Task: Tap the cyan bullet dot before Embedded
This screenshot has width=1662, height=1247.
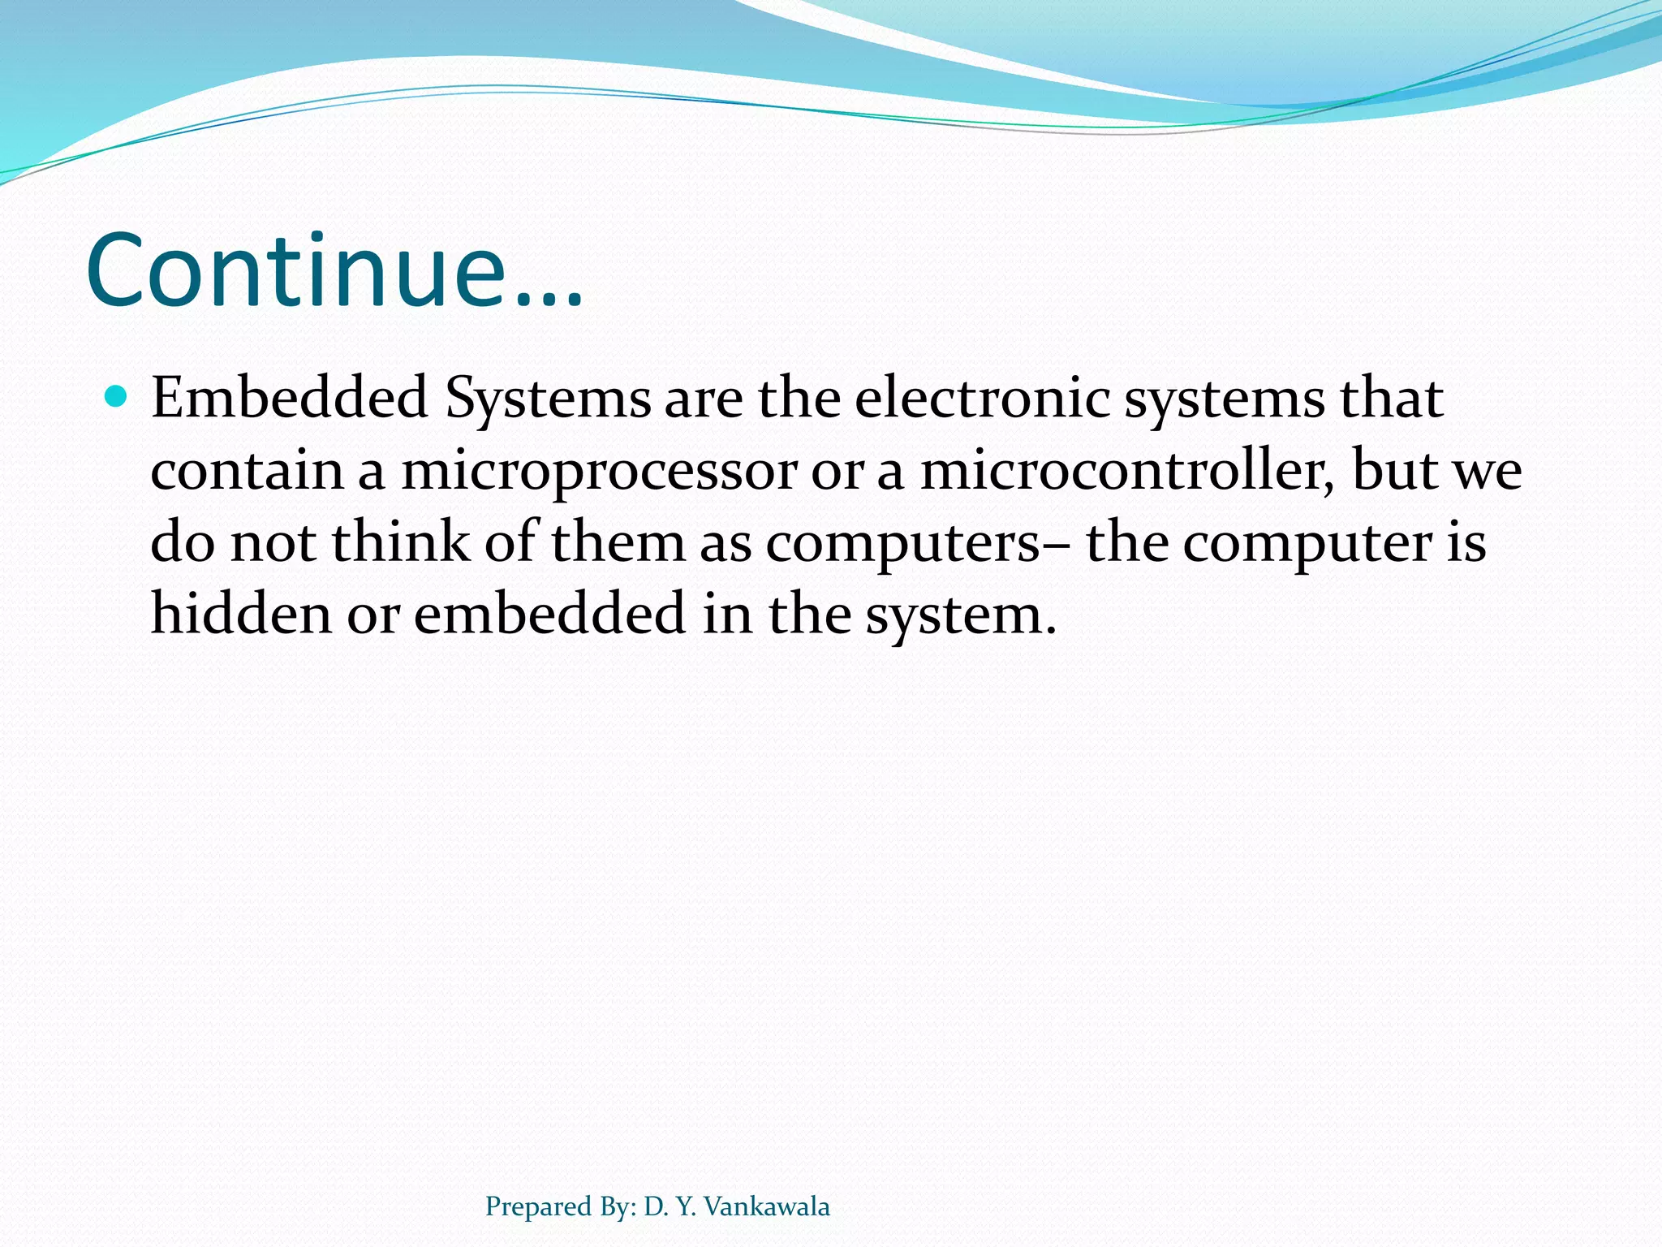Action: click(118, 396)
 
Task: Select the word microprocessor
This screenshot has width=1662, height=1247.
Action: click(599, 471)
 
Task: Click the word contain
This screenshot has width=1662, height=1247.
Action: click(248, 471)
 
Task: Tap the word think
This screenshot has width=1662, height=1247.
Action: click(401, 542)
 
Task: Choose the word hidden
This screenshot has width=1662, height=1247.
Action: click(241, 613)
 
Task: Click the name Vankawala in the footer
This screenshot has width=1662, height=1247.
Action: click(766, 1206)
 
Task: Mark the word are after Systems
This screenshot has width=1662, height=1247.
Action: click(703, 399)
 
